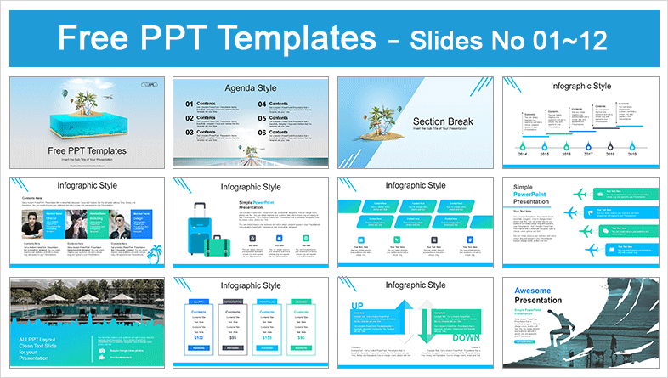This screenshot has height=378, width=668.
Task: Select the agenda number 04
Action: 265,104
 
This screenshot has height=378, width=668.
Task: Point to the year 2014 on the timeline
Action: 523,155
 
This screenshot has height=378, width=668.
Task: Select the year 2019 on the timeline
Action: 631,155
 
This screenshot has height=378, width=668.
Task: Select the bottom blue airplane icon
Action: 580,249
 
